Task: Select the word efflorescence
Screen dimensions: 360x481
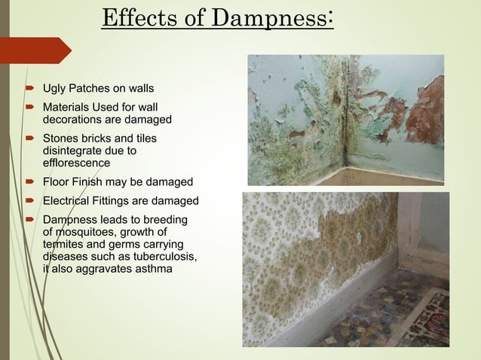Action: [76, 163]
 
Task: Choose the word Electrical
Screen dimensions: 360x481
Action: [69, 201]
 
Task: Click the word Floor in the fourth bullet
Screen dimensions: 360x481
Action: [57, 182]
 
